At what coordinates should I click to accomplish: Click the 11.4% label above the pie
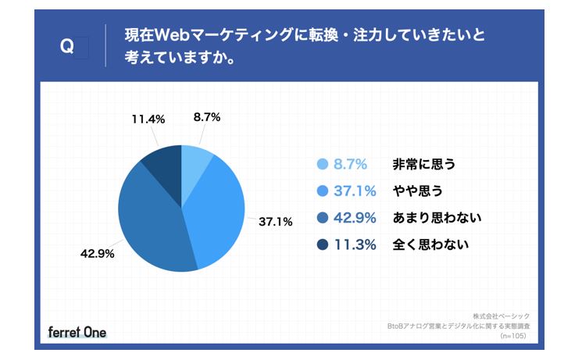(148, 119)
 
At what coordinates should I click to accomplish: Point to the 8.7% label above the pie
(207, 117)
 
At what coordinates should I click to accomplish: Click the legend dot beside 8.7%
(322, 164)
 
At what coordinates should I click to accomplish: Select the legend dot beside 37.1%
(322, 191)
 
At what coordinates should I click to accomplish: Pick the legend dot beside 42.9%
(322, 218)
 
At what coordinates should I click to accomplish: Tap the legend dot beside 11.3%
(322, 245)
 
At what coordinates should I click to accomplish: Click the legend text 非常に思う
(423, 164)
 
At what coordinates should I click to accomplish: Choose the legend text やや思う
(418, 191)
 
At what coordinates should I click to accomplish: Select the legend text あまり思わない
(436, 218)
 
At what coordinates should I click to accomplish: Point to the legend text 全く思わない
(430, 245)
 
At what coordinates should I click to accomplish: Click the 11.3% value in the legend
(355, 245)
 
